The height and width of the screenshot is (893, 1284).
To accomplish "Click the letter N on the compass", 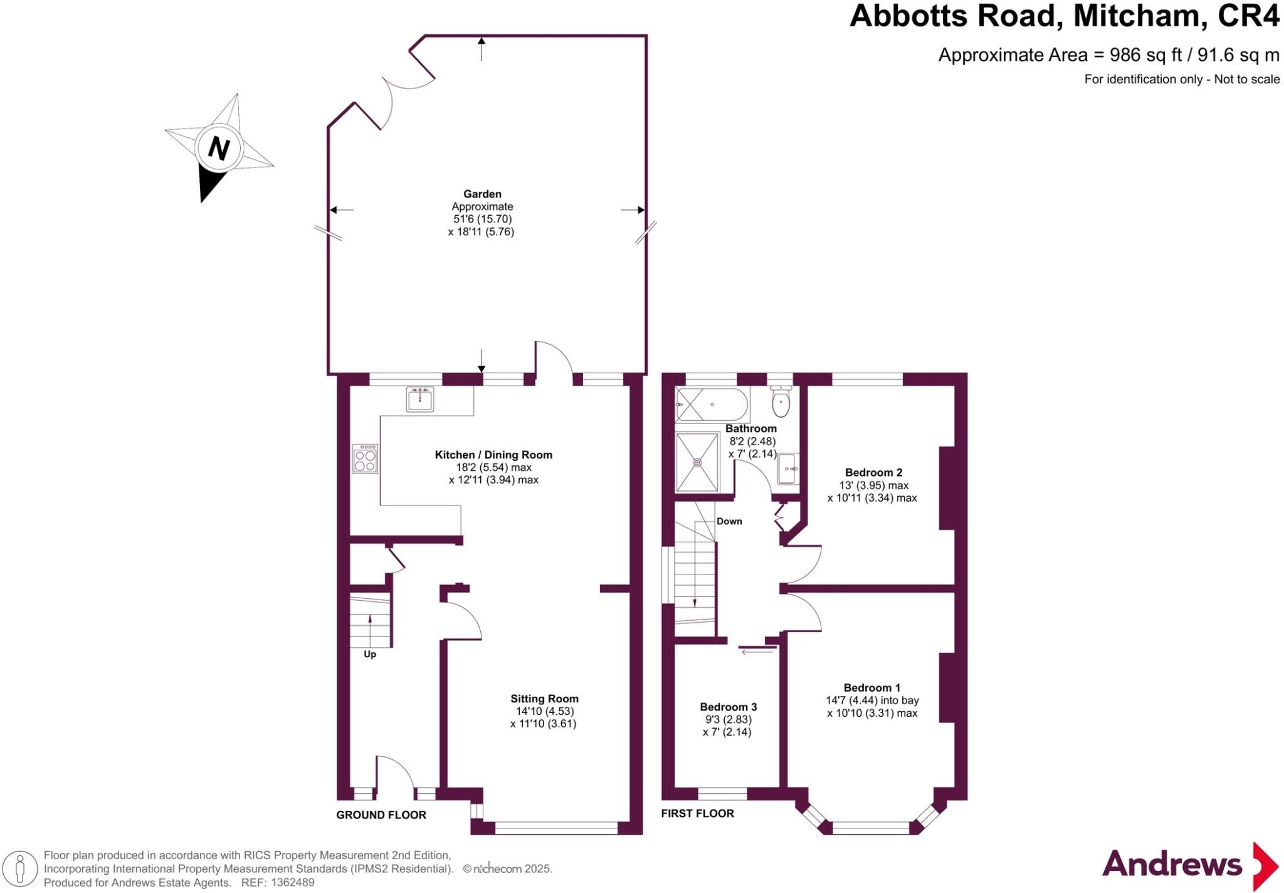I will (219, 149).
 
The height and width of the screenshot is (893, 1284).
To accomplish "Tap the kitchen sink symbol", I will (419, 399).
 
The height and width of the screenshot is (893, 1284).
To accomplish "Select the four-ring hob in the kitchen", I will (365, 458).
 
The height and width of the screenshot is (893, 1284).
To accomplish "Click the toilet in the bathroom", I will (781, 403).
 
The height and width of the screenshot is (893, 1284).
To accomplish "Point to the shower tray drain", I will (697, 462).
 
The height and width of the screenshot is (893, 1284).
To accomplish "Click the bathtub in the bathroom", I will (712, 405).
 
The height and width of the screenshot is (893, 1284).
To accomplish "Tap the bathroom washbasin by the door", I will (788, 468).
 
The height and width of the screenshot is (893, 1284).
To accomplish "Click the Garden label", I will (482, 194).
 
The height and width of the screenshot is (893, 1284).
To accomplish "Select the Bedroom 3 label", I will (728, 707).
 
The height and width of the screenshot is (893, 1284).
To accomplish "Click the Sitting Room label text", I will (544, 699).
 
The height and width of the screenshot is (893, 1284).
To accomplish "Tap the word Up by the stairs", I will (370, 655).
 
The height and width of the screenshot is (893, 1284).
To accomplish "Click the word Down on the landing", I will (729, 521).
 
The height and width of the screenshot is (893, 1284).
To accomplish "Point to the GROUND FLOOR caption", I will (381, 815).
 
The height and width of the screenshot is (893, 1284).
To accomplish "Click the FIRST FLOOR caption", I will (697, 813).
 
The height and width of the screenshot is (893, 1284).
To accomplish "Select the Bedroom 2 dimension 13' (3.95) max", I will (873, 485).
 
